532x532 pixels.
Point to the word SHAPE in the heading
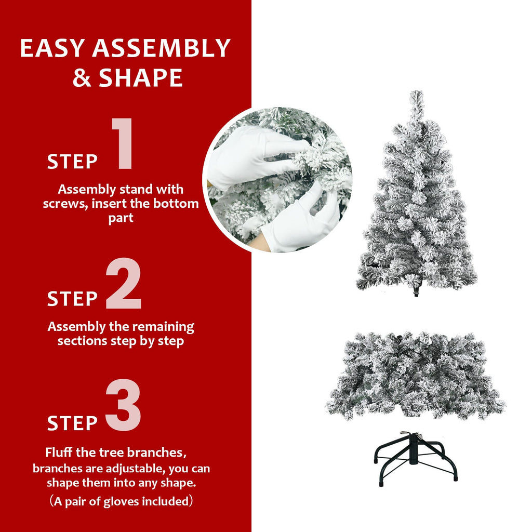pos(141,77)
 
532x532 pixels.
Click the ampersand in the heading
pos(82,77)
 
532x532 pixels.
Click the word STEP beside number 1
pos(72,162)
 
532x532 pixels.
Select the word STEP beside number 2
pos(72,299)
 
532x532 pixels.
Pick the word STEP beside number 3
pos(72,423)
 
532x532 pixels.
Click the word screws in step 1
pos(64,204)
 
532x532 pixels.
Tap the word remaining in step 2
pos(163,327)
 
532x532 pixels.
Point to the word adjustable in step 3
pos(131,468)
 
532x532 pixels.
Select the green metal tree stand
pos(415,459)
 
